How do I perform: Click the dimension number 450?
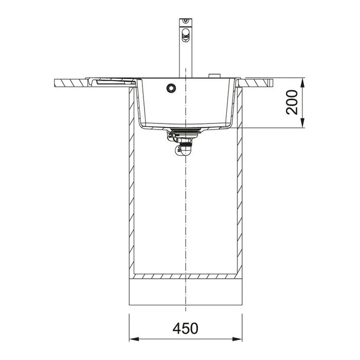coord(185,327)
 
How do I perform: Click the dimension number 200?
coord(291,102)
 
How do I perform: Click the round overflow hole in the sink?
coord(170,88)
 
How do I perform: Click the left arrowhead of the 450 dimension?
coord(132,339)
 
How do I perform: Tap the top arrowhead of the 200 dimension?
coord(303,82)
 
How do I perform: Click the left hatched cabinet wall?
coord(132,195)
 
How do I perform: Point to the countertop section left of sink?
coord(72,82)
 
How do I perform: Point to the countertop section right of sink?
coord(257,81)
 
